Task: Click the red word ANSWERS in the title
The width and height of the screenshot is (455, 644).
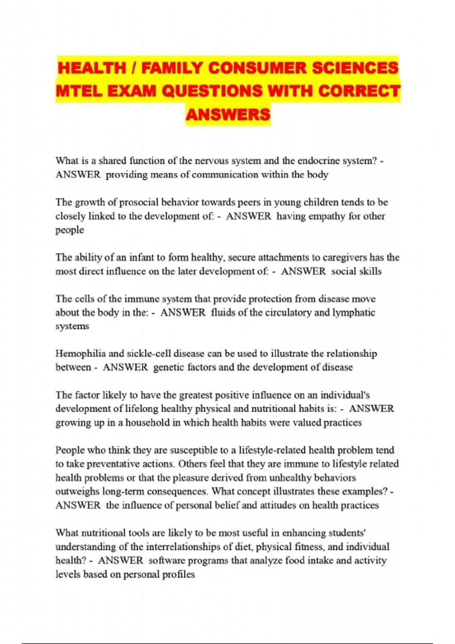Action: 228,114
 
